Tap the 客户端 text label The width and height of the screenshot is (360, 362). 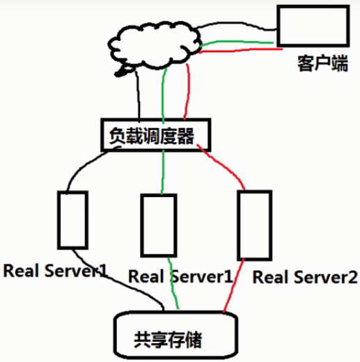pos(322,63)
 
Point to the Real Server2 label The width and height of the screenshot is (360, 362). pos(305,277)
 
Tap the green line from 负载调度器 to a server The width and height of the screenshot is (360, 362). pos(163,172)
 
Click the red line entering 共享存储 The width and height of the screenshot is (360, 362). pos(233,285)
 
